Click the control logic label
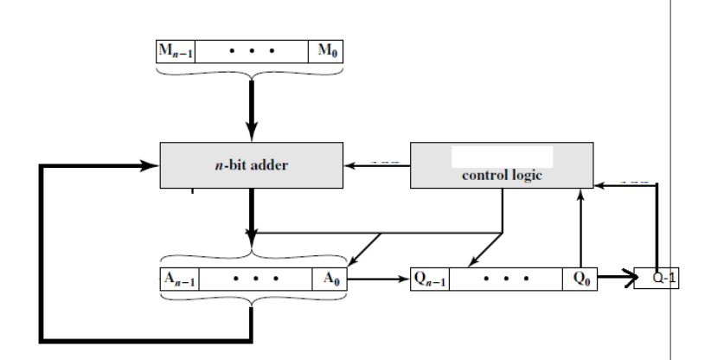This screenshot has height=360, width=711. click(x=501, y=177)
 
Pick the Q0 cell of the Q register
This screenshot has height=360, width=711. click(x=579, y=281)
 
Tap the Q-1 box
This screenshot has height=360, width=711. click(x=658, y=281)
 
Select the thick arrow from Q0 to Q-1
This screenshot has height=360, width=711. click(x=615, y=280)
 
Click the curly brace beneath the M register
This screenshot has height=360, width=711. click(x=250, y=74)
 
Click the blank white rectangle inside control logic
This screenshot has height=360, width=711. click(x=503, y=157)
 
